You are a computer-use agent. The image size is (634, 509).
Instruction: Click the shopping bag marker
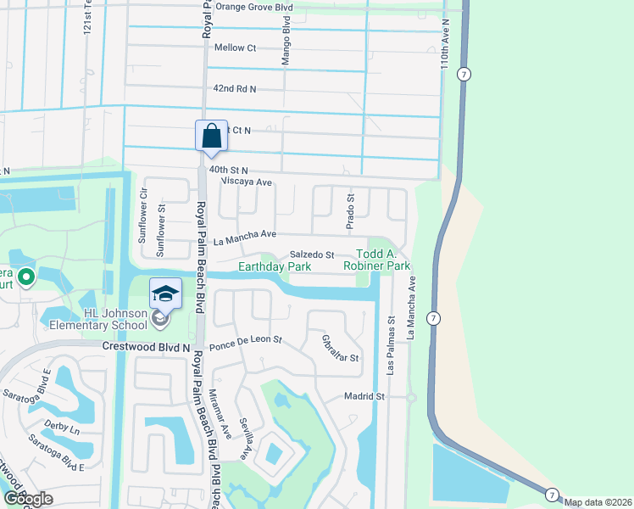coord(211,137)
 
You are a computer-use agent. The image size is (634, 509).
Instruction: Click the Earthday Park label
coord(274,266)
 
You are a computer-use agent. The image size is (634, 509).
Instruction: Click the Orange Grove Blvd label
coord(253,7)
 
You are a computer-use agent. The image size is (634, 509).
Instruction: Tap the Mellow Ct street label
coord(235,48)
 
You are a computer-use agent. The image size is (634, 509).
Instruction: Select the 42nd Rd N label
coord(235,88)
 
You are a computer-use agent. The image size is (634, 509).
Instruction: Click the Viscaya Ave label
coord(246,182)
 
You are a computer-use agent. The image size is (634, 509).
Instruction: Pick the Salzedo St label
coord(313,255)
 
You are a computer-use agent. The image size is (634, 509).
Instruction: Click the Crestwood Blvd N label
coord(145,347)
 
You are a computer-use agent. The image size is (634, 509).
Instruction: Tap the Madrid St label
coord(364,396)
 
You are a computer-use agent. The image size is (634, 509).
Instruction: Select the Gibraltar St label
coord(340,348)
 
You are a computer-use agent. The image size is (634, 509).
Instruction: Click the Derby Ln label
coord(64,428)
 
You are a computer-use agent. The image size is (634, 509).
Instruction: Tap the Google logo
coord(28,500)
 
